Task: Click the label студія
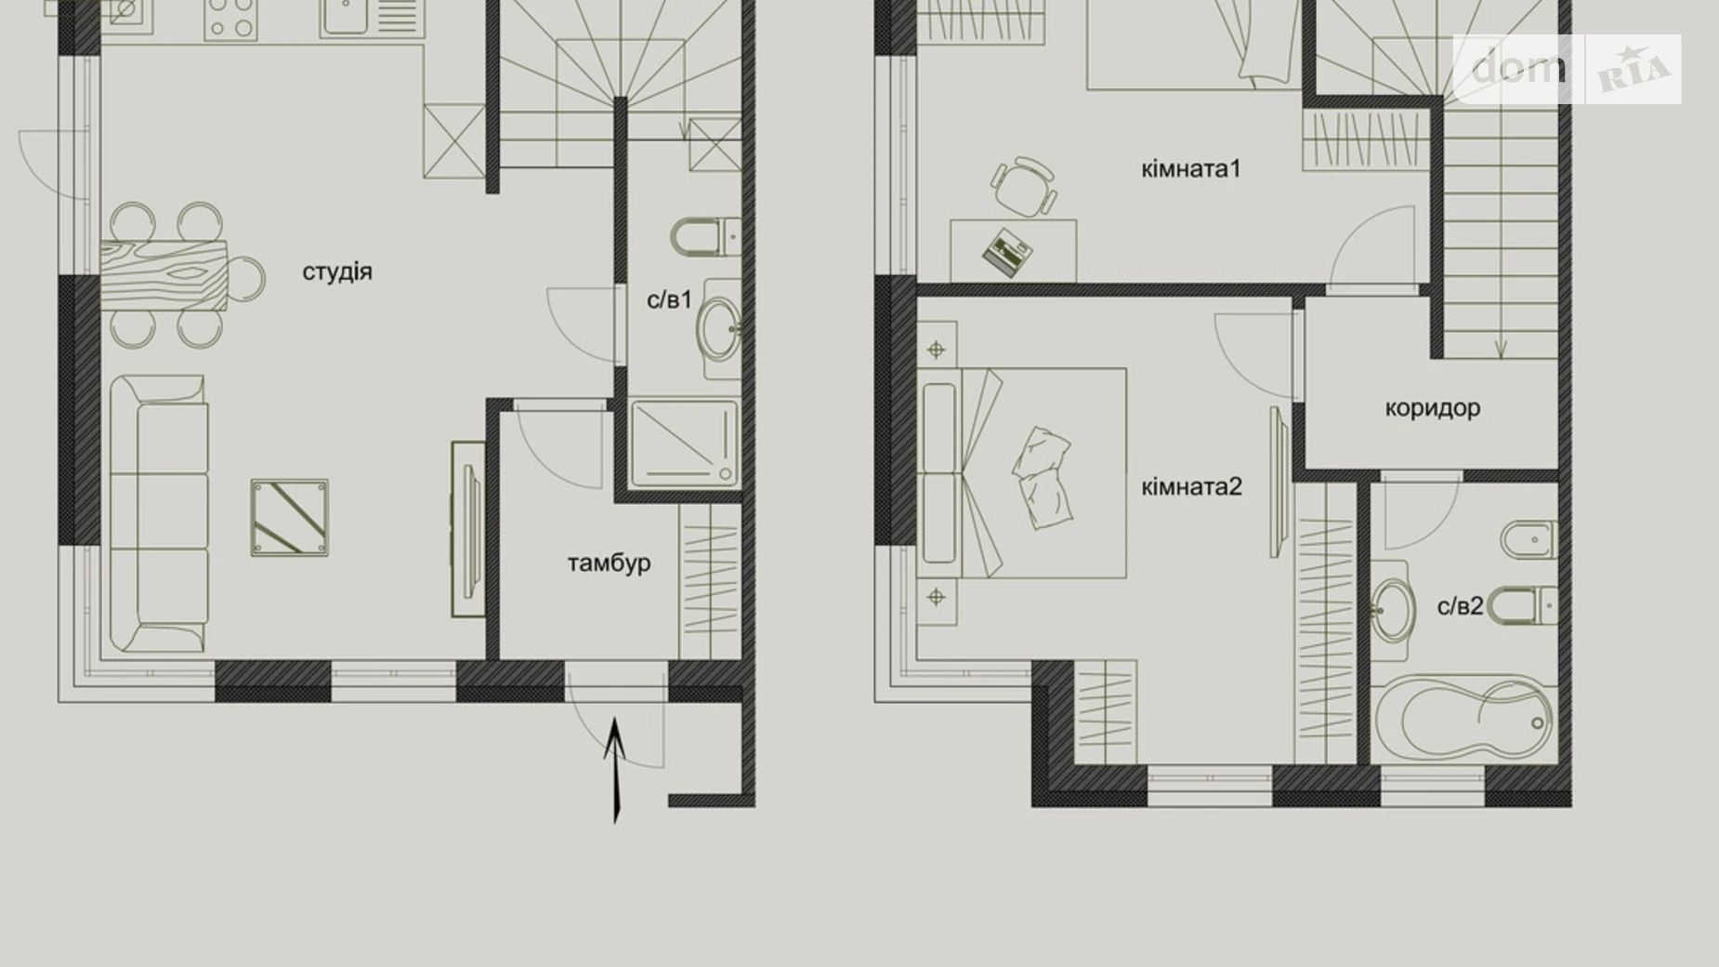[337, 272]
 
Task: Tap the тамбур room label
[609, 563]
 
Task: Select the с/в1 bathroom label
[669, 299]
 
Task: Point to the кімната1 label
[1190, 168]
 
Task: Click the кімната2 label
[1191, 486]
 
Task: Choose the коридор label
[1432, 407]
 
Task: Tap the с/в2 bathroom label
[1460, 606]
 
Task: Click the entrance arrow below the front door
[615, 767]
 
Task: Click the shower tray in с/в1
[684, 444]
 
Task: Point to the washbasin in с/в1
[720, 328]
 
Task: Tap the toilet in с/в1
[703, 237]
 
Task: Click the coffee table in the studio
[290, 518]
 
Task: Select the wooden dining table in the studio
[164, 275]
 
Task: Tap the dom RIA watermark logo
[1567, 69]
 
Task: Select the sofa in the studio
[159, 514]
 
